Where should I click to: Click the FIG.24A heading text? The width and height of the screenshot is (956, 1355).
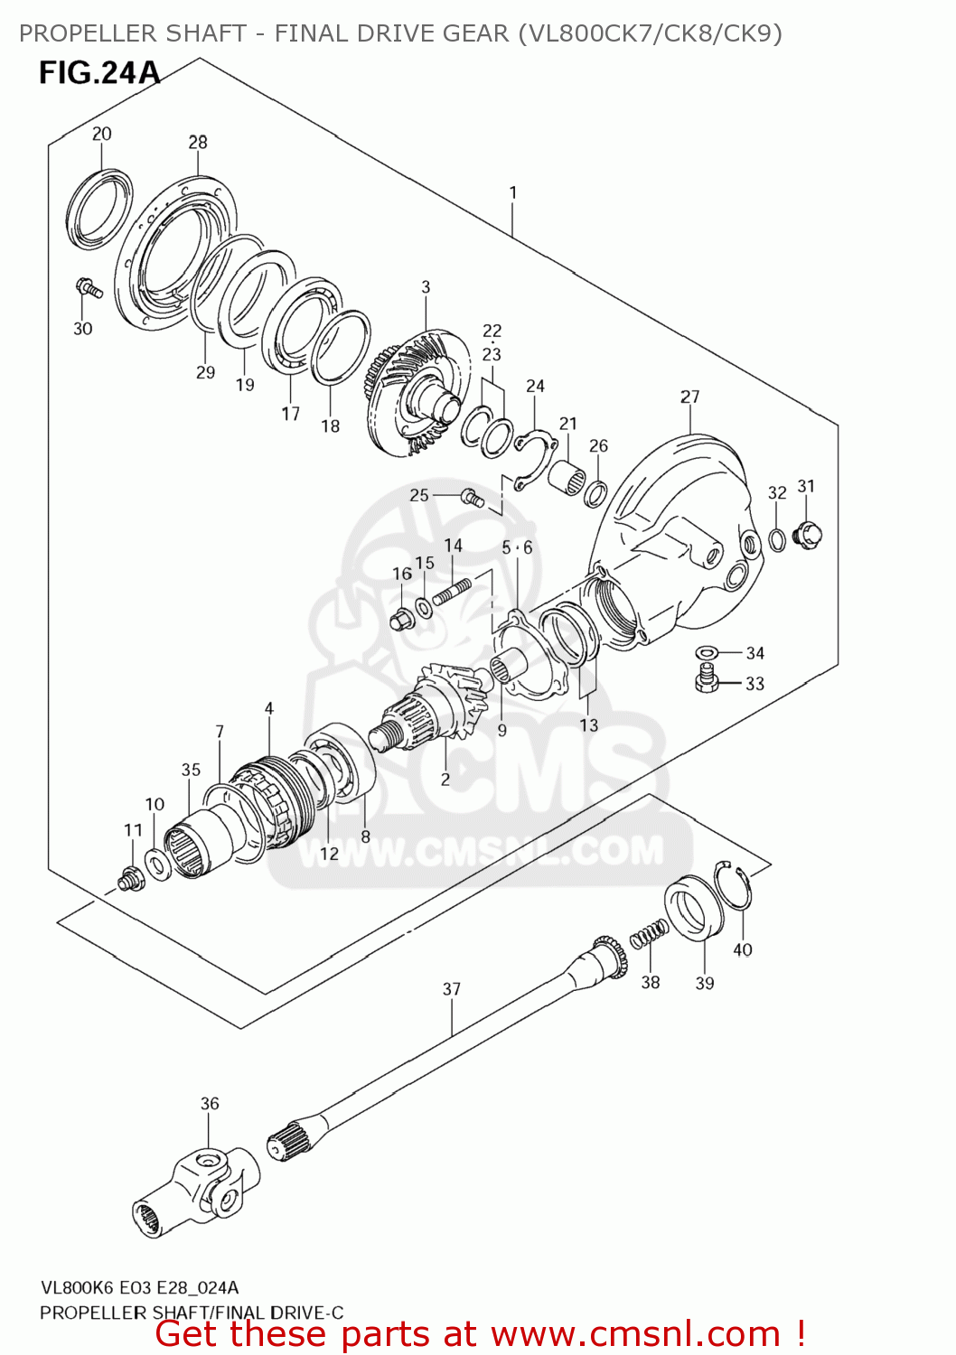(98, 73)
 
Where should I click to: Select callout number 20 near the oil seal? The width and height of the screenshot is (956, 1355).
(101, 134)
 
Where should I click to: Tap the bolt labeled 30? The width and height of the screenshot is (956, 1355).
(89, 288)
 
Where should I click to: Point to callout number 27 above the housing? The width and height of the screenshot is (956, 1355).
(689, 397)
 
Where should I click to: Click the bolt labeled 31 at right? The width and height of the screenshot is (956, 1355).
(807, 534)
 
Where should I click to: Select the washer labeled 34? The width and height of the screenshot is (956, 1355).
(707, 652)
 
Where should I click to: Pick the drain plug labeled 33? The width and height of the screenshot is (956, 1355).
(707, 678)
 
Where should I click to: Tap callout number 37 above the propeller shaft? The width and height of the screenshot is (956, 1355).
(452, 989)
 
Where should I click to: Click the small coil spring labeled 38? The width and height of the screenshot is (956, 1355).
(649, 934)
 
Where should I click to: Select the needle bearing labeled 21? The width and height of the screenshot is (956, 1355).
(567, 475)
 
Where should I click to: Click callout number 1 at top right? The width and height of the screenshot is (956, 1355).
(513, 192)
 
